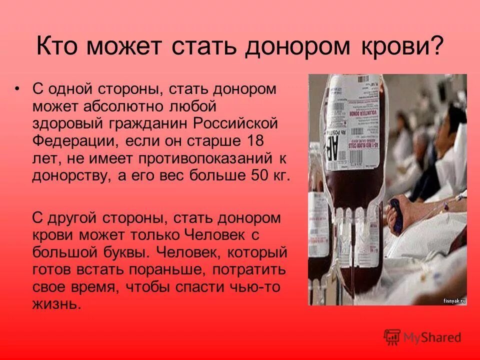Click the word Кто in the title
(59, 47)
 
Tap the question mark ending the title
(437, 47)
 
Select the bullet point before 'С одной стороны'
(17, 88)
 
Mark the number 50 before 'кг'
(255, 175)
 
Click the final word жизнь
(56, 304)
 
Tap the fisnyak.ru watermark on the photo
(454, 300)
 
